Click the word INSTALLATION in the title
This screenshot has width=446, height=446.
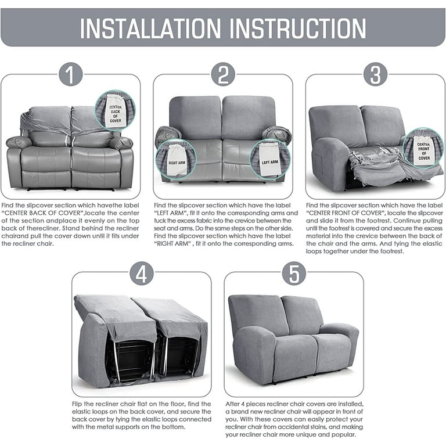tap(150, 28)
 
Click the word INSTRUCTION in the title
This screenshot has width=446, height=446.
tap(297, 28)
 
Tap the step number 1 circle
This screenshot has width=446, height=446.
tap(71, 74)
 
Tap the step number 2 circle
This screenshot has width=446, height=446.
tap(223, 74)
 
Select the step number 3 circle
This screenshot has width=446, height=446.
tap(376, 74)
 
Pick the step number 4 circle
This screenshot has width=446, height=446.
tap(142, 274)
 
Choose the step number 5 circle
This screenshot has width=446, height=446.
tap(294, 274)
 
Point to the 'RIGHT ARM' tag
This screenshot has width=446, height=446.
tap(177, 160)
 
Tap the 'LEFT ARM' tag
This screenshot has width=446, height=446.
tap(269, 159)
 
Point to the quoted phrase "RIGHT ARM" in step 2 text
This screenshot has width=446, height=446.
tap(172, 244)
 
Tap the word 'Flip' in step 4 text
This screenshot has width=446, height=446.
tap(77, 404)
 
